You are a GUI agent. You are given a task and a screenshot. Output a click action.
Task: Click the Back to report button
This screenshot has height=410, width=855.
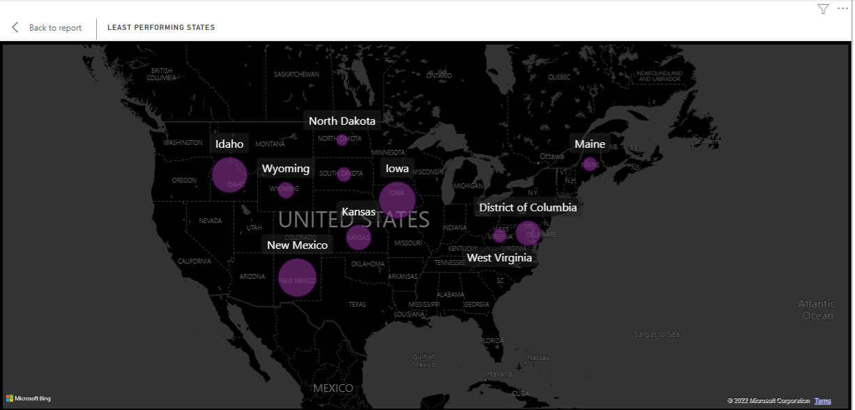click(47, 28)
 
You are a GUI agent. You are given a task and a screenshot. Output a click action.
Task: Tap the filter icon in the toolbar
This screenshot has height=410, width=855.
click(823, 9)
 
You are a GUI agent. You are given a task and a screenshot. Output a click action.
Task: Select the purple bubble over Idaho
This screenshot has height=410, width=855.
click(229, 175)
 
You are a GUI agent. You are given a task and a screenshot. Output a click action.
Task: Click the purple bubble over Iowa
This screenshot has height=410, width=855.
click(397, 199)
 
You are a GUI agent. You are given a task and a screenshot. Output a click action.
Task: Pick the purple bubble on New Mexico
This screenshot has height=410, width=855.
click(298, 278)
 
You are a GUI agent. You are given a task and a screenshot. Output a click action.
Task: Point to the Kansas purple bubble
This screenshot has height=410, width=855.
click(358, 237)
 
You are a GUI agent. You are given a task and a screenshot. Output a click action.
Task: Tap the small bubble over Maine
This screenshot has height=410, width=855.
click(590, 165)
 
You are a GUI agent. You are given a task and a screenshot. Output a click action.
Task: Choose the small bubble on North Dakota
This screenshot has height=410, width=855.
click(342, 140)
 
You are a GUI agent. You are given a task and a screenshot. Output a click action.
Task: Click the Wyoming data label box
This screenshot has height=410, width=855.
click(285, 169)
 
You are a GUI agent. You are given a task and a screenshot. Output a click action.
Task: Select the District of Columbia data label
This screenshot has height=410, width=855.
click(528, 208)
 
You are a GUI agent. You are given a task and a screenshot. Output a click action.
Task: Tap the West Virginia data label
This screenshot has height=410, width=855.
click(499, 258)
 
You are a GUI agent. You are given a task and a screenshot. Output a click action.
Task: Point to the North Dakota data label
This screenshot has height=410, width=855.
click(342, 121)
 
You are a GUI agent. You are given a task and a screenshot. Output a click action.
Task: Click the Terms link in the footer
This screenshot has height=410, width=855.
click(823, 401)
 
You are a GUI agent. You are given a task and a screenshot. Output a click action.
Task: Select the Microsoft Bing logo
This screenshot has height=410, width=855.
click(29, 399)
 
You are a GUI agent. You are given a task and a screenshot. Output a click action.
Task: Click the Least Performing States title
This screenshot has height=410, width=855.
click(161, 28)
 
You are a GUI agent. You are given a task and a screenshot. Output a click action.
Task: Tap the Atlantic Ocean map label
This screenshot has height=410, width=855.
click(817, 310)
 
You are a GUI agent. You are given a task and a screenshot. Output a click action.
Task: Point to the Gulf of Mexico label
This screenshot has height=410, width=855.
click(424, 360)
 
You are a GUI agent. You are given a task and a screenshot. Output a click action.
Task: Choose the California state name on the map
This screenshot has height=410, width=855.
click(194, 261)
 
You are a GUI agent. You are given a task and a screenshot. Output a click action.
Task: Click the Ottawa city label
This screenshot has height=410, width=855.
click(552, 156)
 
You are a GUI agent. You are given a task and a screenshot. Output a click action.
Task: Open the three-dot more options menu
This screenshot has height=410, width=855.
click(842, 9)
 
